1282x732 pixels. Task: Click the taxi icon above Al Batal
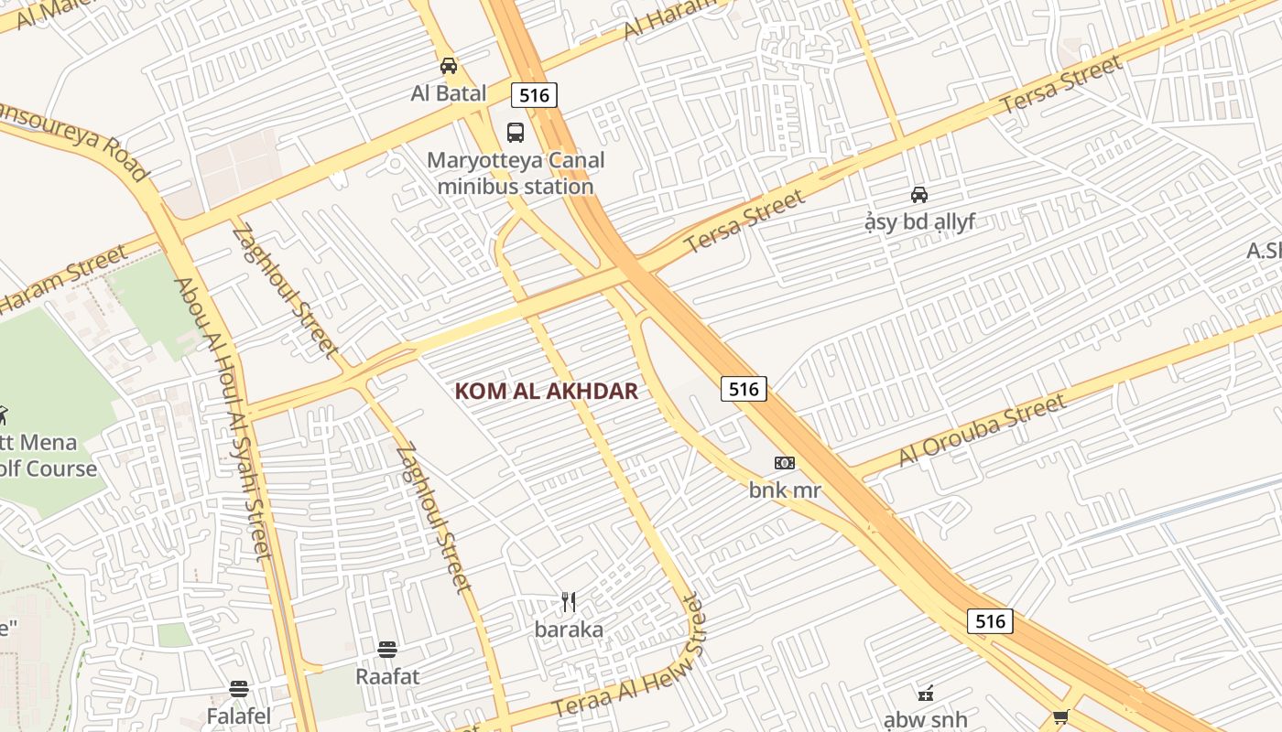pyautogui.click(x=449, y=66)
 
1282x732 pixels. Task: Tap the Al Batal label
pyautogui.click(x=449, y=93)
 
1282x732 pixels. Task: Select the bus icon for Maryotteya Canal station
pyautogui.click(x=516, y=133)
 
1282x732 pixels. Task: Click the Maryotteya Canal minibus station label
pyautogui.click(x=516, y=174)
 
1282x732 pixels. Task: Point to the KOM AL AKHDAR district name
pyautogui.click(x=546, y=392)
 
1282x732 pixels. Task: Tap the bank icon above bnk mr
pyautogui.click(x=785, y=463)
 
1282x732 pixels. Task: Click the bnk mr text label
pyautogui.click(x=785, y=490)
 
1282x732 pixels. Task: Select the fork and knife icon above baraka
pyautogui.click(x=569, y=602)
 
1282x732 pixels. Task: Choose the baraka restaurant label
pyautogui.click(x=569, y=630)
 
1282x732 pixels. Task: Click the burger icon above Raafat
pyautogui.click(x=387, y=650)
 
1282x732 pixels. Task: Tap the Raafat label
pyautogui.click(x=387, y=677)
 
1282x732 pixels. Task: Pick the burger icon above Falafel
pyautogui.click(x=239, y=688)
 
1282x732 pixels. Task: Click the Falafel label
pyautogui.click(x=239, y=716)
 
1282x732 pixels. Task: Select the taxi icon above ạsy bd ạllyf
pyautogui.click(x=919, y=194)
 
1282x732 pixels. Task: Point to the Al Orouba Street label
pyautogui.click(x=983, y=430)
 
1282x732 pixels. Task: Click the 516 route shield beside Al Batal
pyautogui.click(x=534, y=95)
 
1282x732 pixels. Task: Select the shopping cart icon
pyautogui.click(x=1060, y=717)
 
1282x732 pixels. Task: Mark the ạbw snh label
pyautogui.click(x=925, y=720)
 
